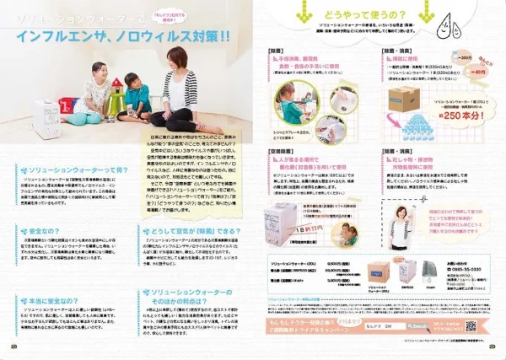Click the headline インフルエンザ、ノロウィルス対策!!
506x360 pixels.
(120, 37)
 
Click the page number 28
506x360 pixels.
(14, 344)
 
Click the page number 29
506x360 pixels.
(491, 344)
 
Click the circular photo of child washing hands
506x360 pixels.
(287, 92)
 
